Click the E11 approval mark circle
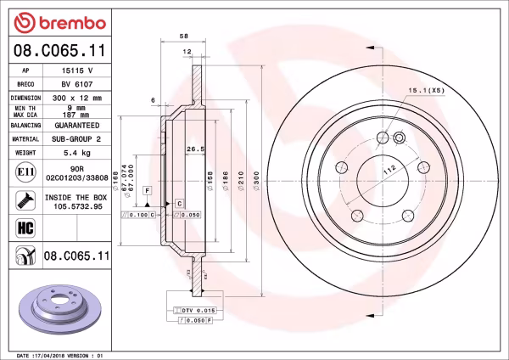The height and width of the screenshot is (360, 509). point(25,172)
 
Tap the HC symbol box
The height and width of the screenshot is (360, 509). point(25,227)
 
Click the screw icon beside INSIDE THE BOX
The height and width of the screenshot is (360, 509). point(25,200)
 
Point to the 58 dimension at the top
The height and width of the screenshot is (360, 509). point(184,37)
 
